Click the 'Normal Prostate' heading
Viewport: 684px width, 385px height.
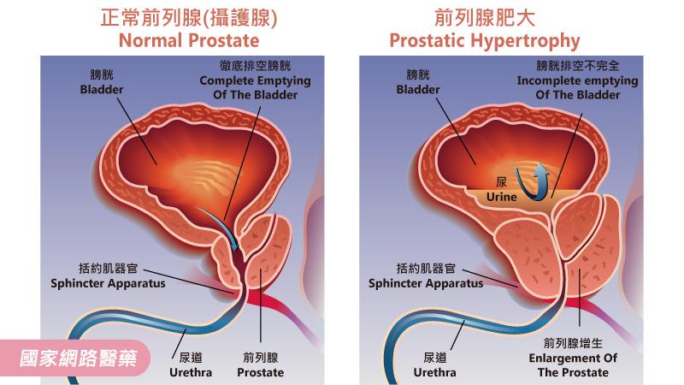pyautogui.click(x=188, y=40)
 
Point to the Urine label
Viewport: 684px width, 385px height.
pyautogui.click(x=502, y=189)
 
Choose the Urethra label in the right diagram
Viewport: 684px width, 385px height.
pyautogui.click(x=435, y=366)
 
